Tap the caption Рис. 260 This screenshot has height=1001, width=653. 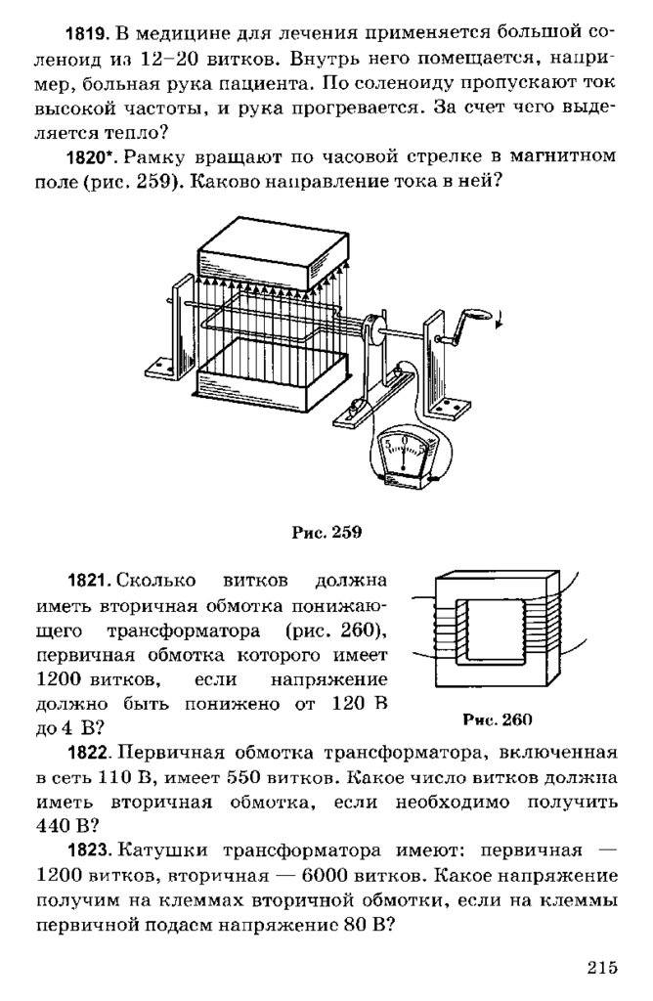pyautogui.click(x=497, y=721)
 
